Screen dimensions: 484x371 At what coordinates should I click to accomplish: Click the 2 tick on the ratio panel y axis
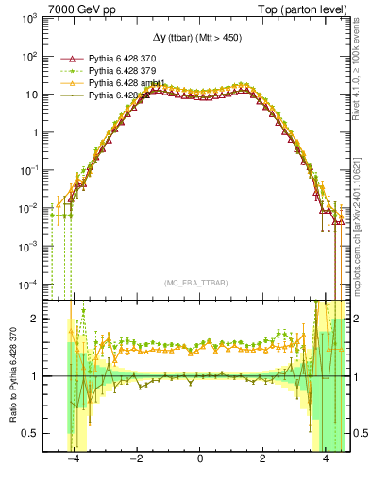pos(38,319)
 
